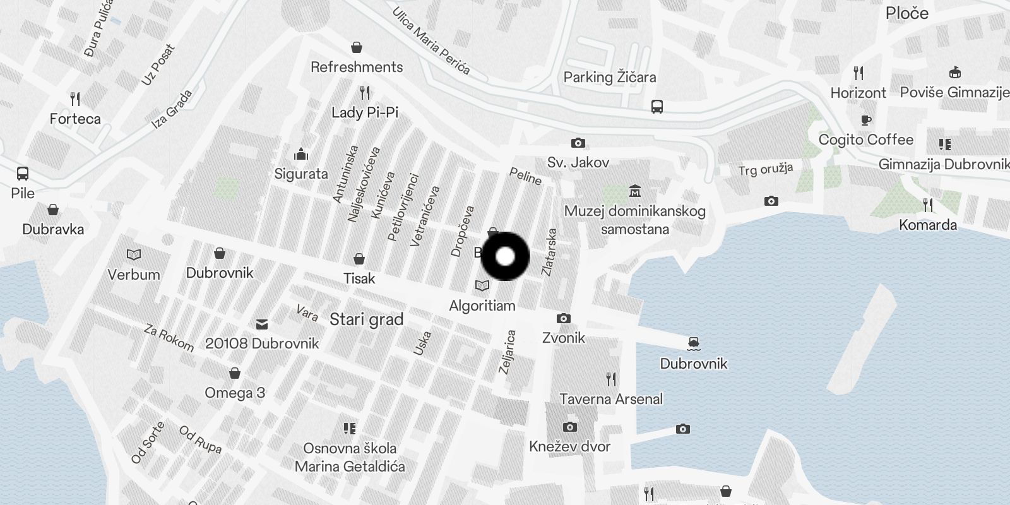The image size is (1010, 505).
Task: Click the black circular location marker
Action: click(505, 256)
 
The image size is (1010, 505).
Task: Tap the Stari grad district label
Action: click(366, 319)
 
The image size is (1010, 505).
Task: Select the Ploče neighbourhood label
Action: click(906, 13)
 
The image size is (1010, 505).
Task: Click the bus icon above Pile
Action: click(23, 173)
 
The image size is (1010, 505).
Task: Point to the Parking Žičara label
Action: click(609, 78)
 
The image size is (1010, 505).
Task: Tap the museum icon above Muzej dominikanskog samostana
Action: click(634, 191)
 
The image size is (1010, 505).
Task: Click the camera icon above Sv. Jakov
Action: click(578, 143)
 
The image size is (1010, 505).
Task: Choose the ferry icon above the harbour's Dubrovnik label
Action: click(693, 344)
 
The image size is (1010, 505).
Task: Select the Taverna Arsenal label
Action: click(610, 399)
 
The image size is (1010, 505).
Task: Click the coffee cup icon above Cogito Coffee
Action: click(865, 120)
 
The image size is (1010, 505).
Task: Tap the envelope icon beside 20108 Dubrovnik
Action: click(262, 324)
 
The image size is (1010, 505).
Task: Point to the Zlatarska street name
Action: click(549, 252)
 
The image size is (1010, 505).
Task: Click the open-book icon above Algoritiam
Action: click(482, 286)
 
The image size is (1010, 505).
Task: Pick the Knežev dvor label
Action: click(569, 447)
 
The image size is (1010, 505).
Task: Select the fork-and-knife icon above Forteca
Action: click(75, 99)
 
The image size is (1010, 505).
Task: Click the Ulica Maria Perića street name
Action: click(431, 41)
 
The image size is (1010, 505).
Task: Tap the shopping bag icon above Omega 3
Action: click(235, 373)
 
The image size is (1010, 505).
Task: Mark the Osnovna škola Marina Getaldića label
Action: click(350, 458)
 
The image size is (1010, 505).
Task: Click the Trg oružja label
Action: click(765, 169)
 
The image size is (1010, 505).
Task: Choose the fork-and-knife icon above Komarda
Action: click(927, 205)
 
